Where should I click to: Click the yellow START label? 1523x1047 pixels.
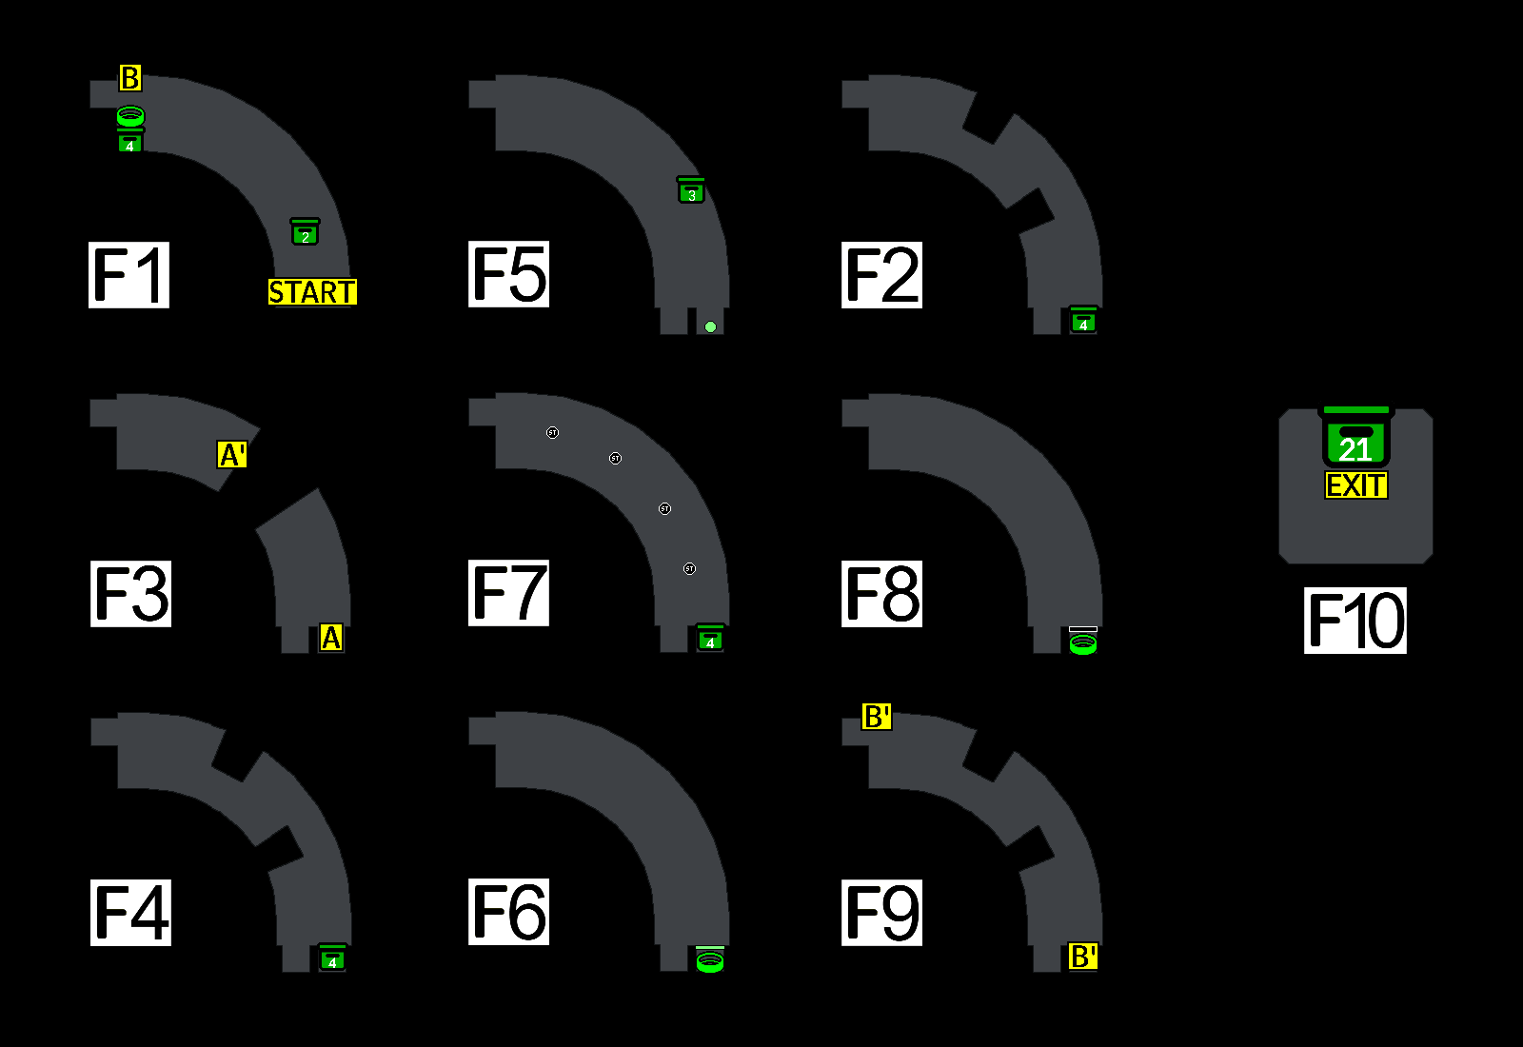[312, 292]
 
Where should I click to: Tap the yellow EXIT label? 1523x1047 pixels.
[1356, 485]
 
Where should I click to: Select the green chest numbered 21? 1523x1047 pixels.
[1356, 440]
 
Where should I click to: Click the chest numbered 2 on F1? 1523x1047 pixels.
[305, 232]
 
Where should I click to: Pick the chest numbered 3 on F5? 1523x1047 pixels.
[691, 190]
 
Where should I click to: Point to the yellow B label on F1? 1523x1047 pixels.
[130, 78]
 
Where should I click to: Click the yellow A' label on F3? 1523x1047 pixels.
[232, 455]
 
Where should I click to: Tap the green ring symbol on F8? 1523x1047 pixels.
[1083, 643]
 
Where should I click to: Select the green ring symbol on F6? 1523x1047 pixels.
[710, 961]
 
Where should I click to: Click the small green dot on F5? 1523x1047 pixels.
[710, 327]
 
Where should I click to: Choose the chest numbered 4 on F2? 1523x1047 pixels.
[1083, 321]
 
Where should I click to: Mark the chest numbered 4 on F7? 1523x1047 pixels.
[710, 639]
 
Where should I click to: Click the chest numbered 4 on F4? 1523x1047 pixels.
[332, 958]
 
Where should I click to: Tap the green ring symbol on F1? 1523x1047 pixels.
[130, 116]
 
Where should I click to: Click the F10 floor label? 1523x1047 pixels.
[1355, 621]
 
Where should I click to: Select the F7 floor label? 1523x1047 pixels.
[508, 593]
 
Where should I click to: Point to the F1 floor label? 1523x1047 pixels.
[129, 275]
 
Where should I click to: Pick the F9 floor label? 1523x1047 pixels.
[881, 912]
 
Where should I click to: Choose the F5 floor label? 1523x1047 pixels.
[508, 274]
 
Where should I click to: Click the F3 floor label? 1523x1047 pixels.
[130, 593]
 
